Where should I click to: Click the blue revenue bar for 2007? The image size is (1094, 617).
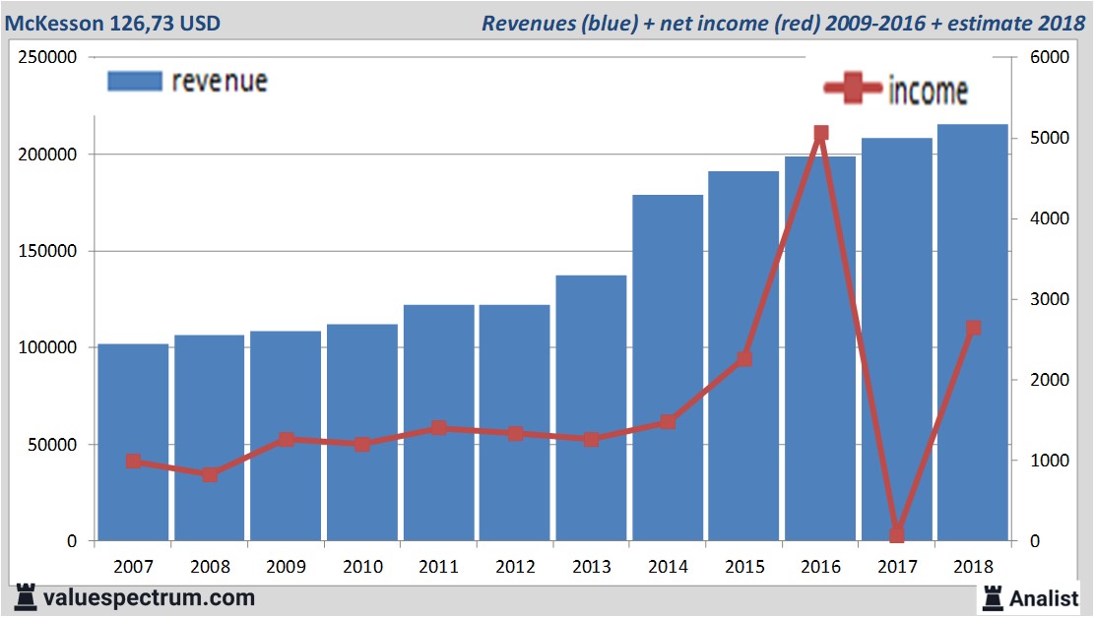(133, 443)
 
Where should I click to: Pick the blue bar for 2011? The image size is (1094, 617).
(439, 423)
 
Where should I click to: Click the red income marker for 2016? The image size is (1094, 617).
(821, 133)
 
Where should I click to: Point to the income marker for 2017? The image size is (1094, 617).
(897, 535)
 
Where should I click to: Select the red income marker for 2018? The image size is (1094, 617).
(973, 328)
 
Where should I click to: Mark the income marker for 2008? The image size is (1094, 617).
(210, 474)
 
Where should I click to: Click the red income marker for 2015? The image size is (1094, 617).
(744, 359)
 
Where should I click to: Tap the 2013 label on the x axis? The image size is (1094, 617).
(591, 568)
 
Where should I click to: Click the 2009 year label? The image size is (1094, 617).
(286, 568)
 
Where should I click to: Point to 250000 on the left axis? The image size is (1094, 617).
(48, 57)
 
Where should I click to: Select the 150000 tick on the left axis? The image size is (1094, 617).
(48, 251)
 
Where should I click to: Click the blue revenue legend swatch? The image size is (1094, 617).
(134, 81)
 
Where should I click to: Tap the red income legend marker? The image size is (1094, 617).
(853, 90)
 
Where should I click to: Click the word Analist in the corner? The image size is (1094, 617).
(1044, 597)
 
